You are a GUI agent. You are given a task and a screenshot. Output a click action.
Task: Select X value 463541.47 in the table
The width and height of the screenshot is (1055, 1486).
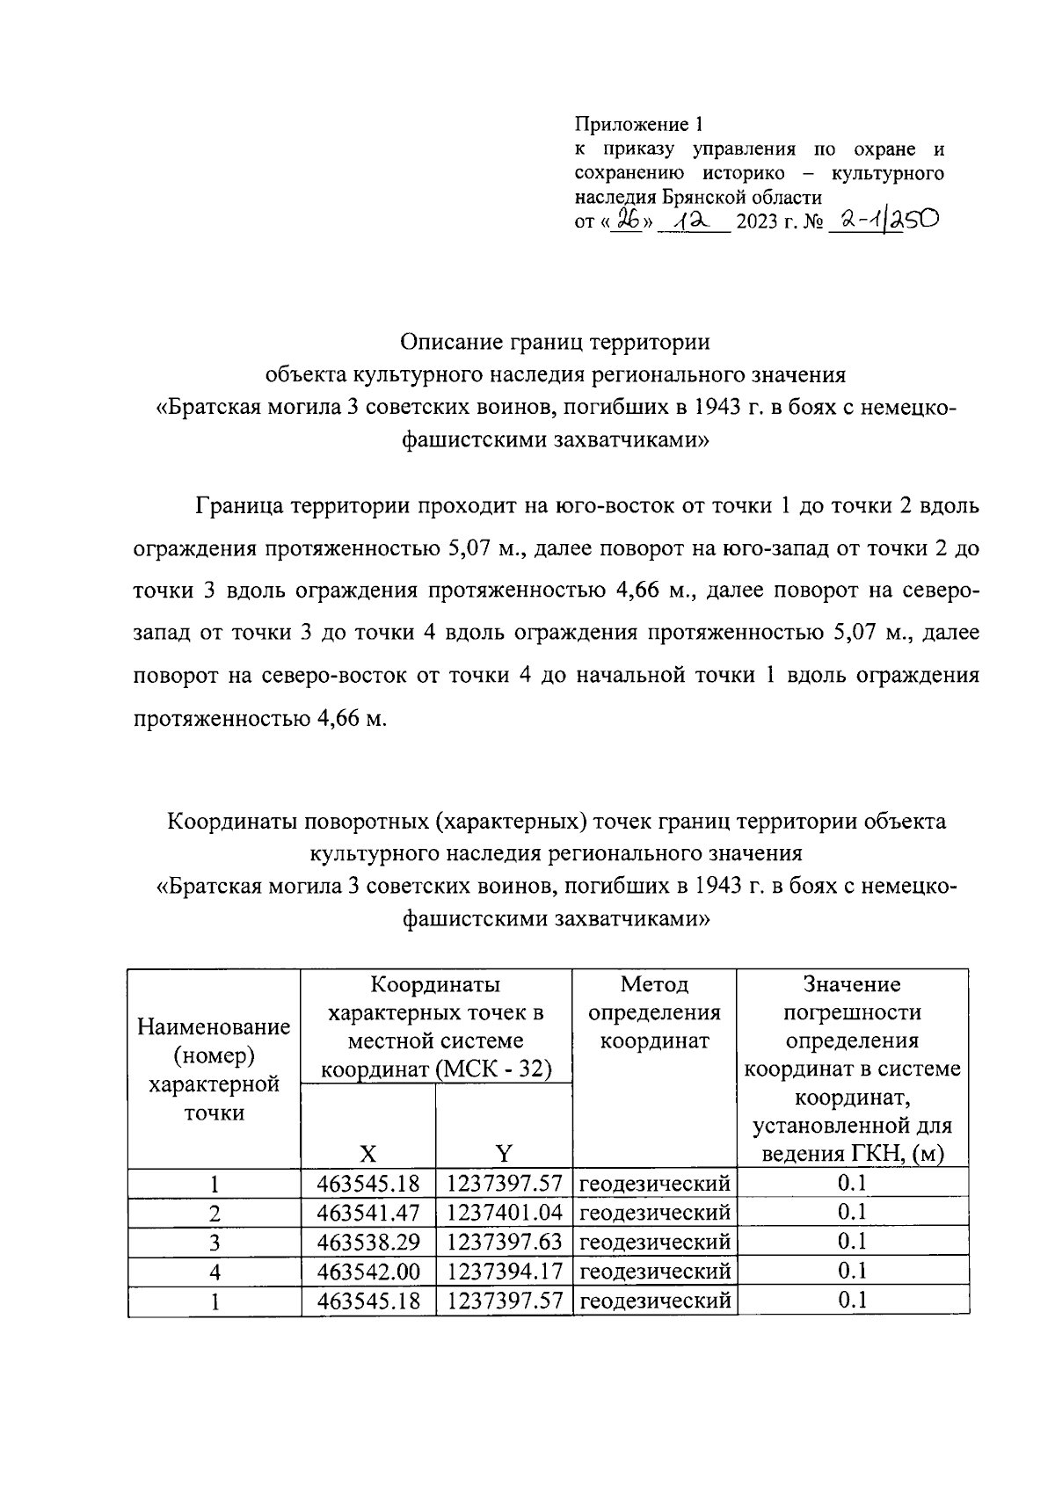click(368, 1213)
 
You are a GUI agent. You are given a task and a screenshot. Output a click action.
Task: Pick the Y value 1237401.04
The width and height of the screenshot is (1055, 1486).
click(504, 1213)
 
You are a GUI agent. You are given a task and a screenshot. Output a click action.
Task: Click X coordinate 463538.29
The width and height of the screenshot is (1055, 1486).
click(368, 1242)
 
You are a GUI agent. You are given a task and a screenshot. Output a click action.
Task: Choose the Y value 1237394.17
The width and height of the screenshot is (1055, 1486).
click(504, 1271)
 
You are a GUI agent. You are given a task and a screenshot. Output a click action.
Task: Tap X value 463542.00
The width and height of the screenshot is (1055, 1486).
click(368, 1271)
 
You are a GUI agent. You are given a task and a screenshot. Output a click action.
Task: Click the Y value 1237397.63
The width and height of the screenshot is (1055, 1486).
click(504, 1242)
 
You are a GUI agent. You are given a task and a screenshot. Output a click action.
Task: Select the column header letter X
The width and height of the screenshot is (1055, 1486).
click(368, 1153)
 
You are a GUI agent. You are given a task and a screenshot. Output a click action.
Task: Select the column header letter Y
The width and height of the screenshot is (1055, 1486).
click(504, 1153)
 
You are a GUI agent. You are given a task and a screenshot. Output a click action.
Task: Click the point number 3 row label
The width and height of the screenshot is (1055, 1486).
click(215, 1243)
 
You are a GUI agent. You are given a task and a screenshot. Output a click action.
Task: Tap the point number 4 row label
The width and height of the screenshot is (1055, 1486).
click(215, 1272)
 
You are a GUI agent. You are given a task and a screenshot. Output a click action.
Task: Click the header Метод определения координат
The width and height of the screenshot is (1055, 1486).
click(654, 1012)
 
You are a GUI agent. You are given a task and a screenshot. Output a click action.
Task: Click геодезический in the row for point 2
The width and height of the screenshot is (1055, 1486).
click(655, 1213)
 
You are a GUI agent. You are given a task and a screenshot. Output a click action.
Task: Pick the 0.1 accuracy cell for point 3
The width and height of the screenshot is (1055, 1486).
click(852, 1242)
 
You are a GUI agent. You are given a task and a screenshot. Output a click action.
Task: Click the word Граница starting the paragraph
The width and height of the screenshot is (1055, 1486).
click(239, 507)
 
